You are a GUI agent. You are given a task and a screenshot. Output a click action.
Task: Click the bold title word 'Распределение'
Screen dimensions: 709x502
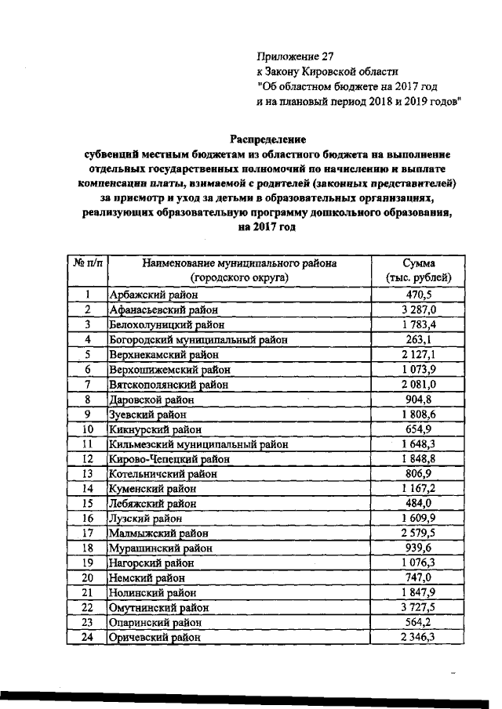click(x=267, y=139)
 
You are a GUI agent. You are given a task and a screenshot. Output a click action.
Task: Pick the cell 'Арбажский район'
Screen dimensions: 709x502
click(x=161, y=295)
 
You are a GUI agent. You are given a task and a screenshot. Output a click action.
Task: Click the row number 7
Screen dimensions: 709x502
click(x=89, y=385)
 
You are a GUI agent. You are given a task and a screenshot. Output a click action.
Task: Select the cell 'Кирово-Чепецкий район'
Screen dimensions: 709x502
click(x=176, y=459)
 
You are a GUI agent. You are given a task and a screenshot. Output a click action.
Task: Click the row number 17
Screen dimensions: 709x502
click(x=89, y=534)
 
